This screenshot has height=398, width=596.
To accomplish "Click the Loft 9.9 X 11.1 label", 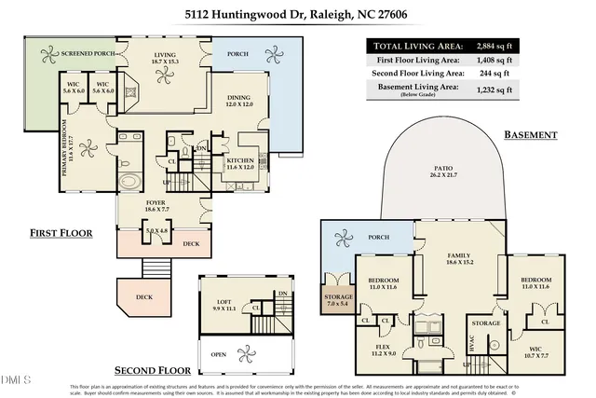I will coord(226,305).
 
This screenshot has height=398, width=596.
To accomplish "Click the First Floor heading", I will coord(61,232).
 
